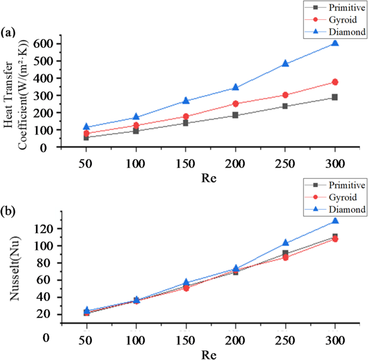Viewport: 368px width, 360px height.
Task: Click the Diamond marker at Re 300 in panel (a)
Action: coord(335,43)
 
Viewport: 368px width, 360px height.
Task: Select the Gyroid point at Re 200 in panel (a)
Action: coord(235,104)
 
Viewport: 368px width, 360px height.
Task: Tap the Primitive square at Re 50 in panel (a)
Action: coord(86,138)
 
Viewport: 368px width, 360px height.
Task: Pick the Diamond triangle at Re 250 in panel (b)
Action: coord(285,243)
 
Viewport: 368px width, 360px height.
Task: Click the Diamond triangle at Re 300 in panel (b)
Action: coord(335,221)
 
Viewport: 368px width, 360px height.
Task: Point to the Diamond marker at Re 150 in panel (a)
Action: coord(185,100)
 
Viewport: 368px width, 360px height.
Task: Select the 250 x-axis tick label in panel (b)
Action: coord(285,342)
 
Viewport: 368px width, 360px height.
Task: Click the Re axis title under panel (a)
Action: coord(210,177)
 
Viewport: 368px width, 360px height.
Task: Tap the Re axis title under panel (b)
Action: coord(210,354)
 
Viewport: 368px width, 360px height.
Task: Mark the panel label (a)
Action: coord(9,32)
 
